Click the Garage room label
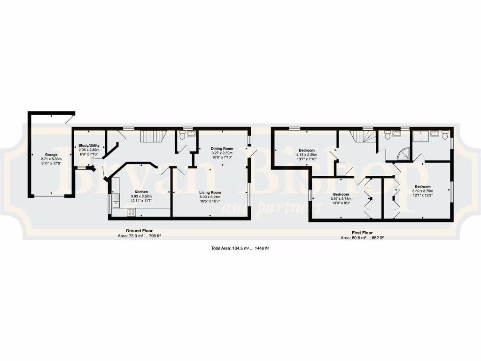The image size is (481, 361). click(51, 154)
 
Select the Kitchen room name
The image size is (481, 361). click(141, 192)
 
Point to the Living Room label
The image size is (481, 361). click(209, 192)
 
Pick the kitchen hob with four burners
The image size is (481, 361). click(131, 212)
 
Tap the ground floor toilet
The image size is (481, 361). click(181, 135)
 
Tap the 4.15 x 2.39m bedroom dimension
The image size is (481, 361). click(306, 155)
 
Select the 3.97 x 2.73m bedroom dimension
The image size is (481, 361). click(341, 199)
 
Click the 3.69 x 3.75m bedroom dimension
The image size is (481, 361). click(422, 191)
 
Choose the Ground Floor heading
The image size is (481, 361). click(139, 231)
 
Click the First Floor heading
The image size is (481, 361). click(362, 232)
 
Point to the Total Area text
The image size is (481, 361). click(240, 248)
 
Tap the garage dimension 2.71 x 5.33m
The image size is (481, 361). click(51, 159)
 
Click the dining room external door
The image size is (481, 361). click(252, 152)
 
